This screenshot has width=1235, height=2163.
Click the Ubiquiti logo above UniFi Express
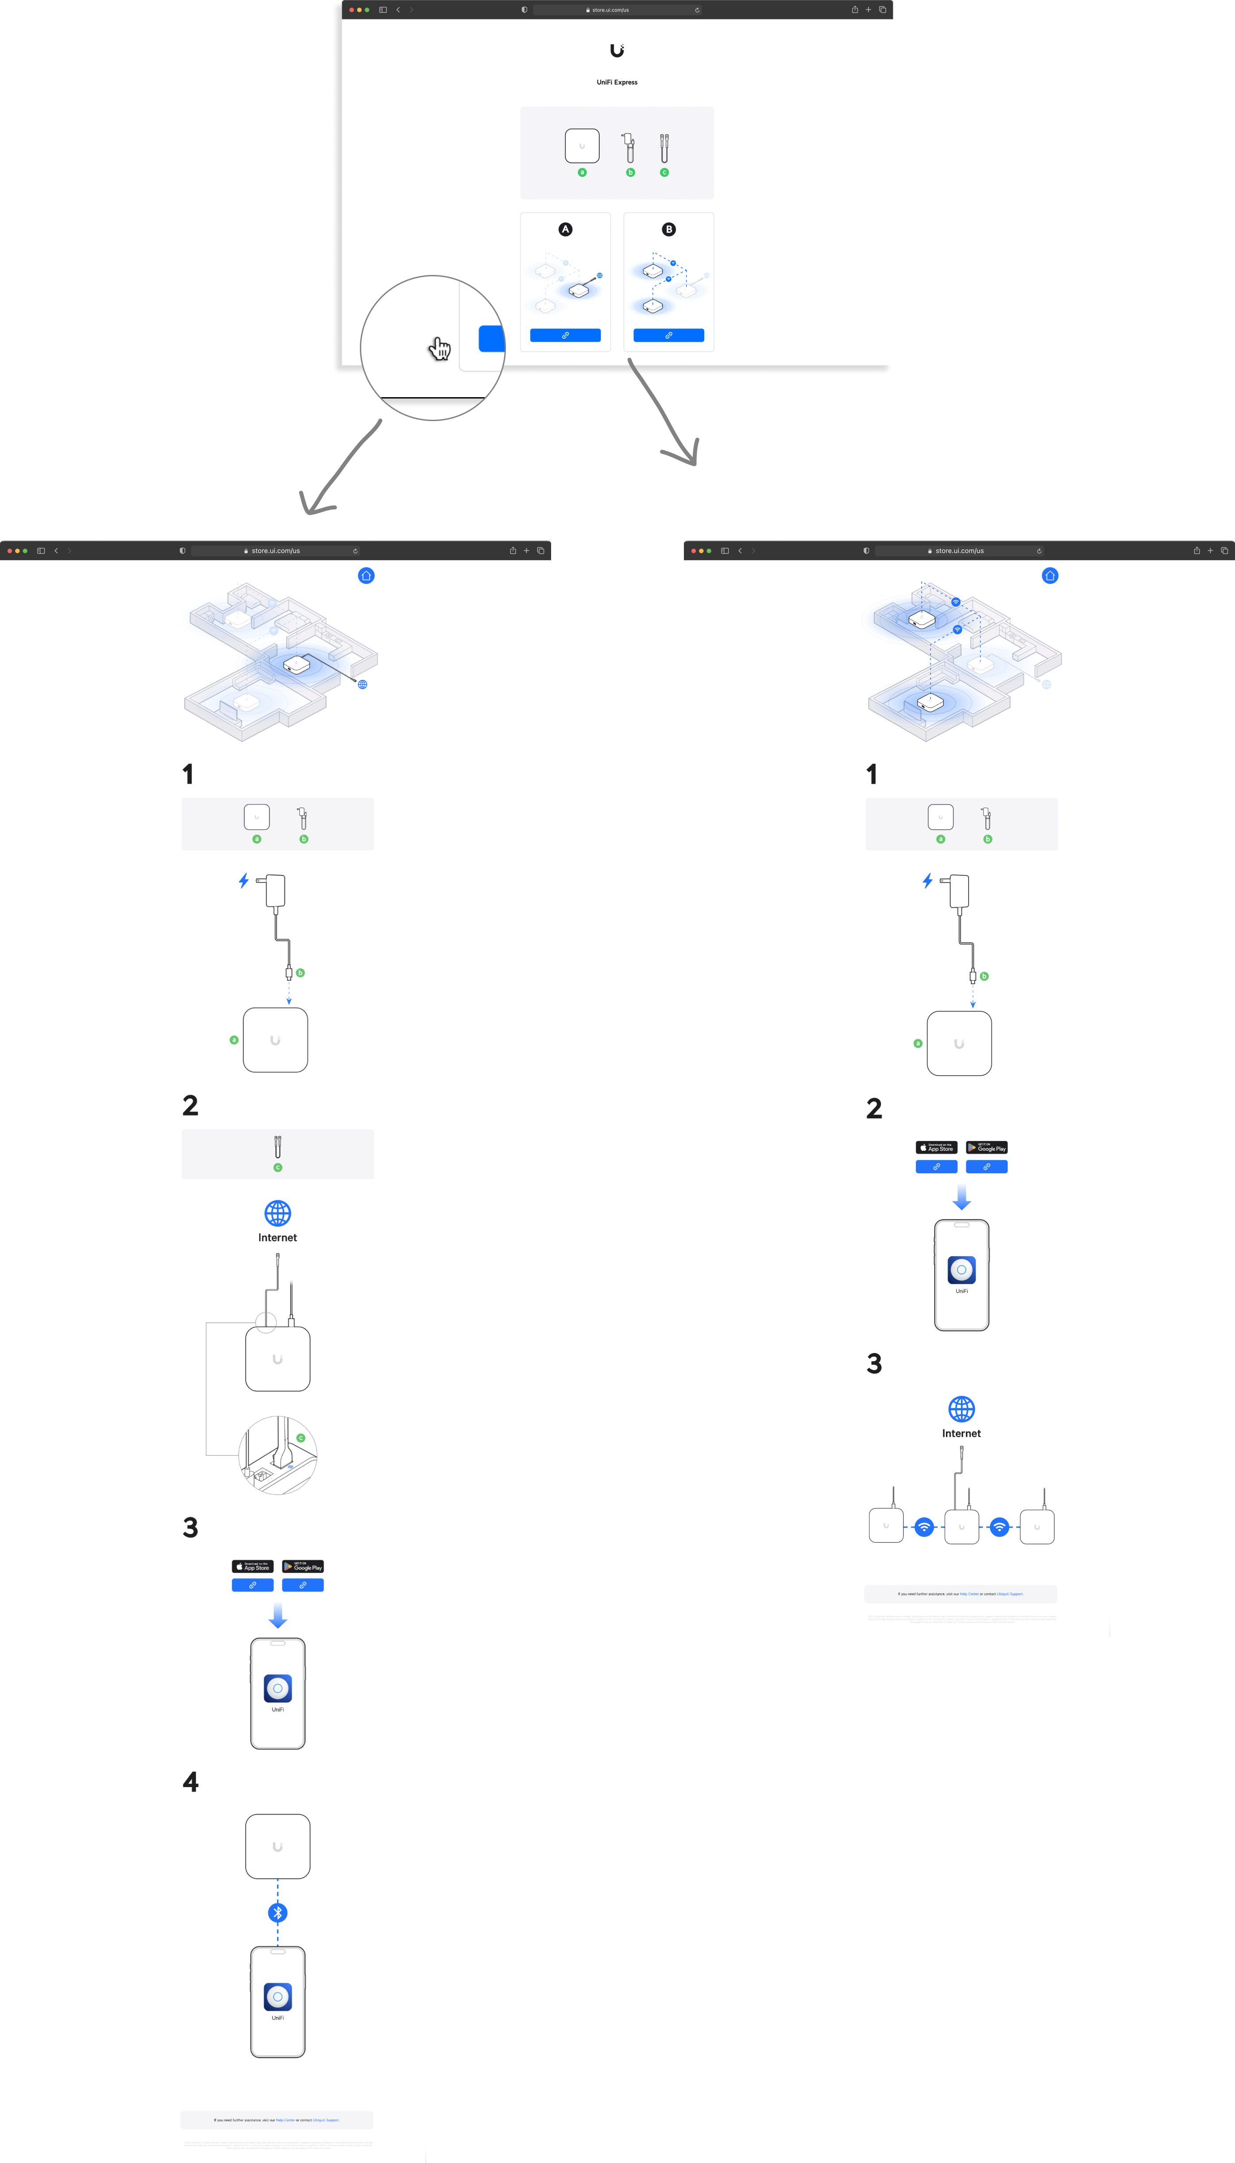(617, 51)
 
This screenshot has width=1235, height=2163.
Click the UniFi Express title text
(617, 82)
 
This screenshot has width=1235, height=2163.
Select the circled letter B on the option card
(668, 229)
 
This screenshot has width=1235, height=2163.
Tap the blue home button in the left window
(366, 576)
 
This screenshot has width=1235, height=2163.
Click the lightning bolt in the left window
(243, 880)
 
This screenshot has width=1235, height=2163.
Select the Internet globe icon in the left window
(278, 1213)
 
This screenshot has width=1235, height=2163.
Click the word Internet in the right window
(961, 1434)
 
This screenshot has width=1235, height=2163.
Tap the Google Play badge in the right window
(987, 1147)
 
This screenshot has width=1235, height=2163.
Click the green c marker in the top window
(664, 172)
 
